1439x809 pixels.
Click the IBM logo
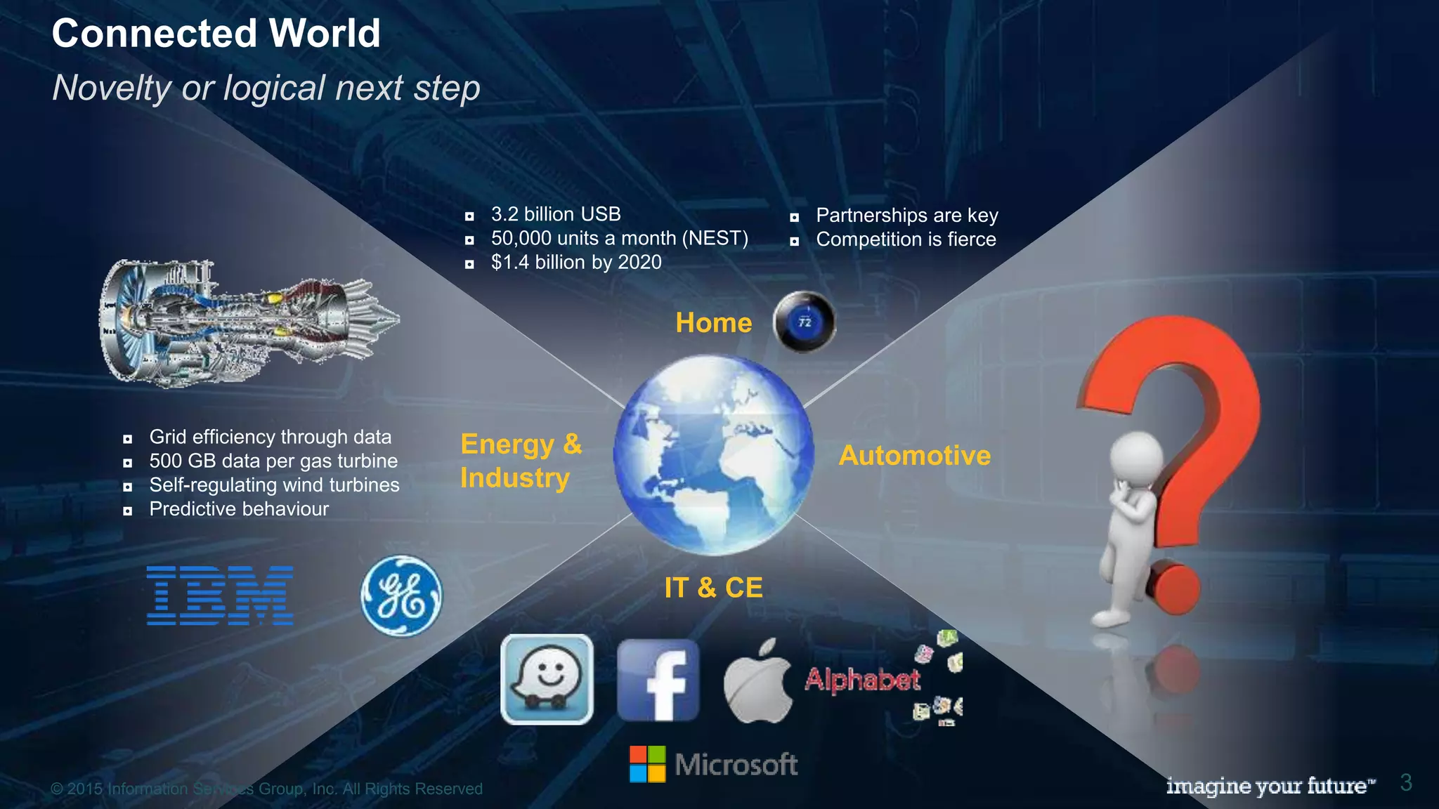pyautogui.click(x=220, y=596)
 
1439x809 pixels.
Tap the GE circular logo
pyautogui.click(x=401, y=596)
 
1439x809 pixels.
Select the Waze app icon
pyautogui.click(x=547, y=679)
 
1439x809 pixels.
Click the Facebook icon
pyautogui.click(x=658, y=680)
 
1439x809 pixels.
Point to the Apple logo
pyautogui.click(x=757, y=682)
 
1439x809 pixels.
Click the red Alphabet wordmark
pyautogui.click(x=862, y=679)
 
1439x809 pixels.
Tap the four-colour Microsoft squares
pyautogui.click(x=647, y=764)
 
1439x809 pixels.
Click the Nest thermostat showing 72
pyautogui.click(x=805, y=322)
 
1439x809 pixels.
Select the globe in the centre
pyautogui.click(x=713, y=454)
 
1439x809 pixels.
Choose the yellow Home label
pyautogui.click(x=713, y=323)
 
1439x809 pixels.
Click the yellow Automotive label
pyautogui.click(x=915, y=456)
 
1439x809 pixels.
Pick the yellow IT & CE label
pyautogui.click(x=713, y=588)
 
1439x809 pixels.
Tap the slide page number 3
pyautogui.click(x=1406, y=782)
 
